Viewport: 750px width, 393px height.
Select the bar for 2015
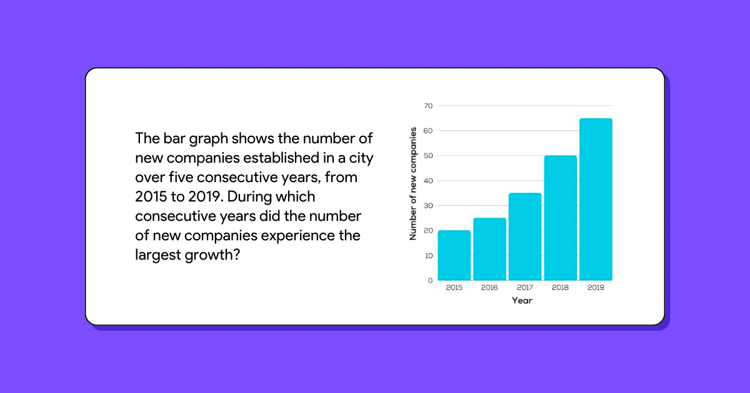pyautogui.click(x=454, y=255)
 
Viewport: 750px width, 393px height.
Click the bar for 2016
pyautogui.click(x=489, y=249)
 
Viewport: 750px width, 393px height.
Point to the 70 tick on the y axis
pyautogui.click(x=428, y=106)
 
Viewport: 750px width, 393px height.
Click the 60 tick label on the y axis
pyautogui.click(x=428, y=131)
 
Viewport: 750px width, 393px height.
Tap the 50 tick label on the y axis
pyautogui.click(x=428, y=156)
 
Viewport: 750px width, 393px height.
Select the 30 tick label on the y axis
pyautogui.click(x=428, y=206)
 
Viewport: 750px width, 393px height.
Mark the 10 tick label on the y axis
pyautogui.click(x=428, y=256)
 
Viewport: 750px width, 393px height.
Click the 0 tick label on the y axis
pyautogui.click(x=430, y=280)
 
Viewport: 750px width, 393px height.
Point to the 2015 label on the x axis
pyautogui.click(x=454, y=288)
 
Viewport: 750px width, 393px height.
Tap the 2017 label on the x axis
pyautogui.click(x=525, y=288)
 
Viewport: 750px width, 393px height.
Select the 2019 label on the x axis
pyautogui.click(x=596, y=288)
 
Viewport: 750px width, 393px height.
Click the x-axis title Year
pyautogui.click(x=522, y=301)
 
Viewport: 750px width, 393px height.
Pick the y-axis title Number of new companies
pyautogui.click(x=413, y=183)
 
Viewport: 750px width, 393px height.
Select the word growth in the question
pyautogui.click(x=212, y=256)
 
